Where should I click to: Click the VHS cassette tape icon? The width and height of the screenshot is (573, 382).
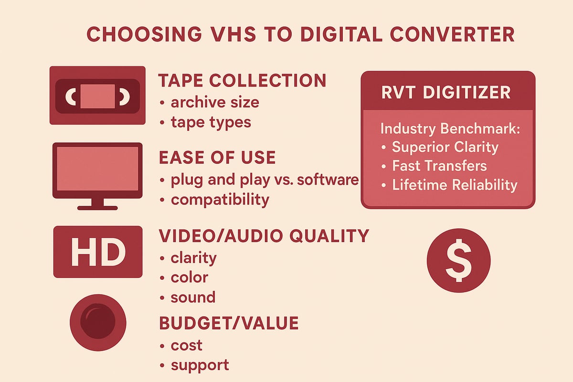(x=97, y=95)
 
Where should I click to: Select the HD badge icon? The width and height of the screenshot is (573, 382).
(x=97, y=252)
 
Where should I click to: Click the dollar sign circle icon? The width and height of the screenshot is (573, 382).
(x=458, y=260)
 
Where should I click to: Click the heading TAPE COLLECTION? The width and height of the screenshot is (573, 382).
(x=242, y=80)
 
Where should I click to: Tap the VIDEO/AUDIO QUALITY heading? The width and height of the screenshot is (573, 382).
(x=264, y=236)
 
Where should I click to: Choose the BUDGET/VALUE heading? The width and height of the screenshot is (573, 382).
(x=229, y=323)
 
